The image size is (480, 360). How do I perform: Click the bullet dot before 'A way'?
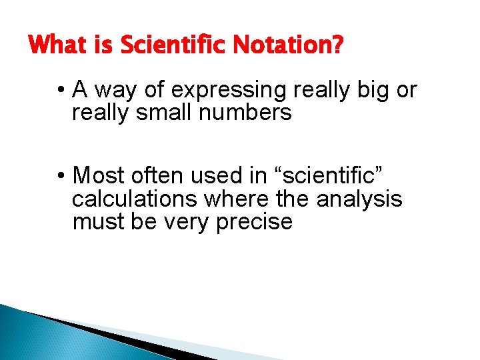(x=61, y=89)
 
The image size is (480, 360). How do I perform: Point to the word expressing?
(x=225, y=90)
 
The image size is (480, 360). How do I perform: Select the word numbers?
(x=246, y=112)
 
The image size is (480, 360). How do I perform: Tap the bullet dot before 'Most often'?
(x=61, y=175)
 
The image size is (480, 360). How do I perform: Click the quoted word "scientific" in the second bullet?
(x=323, y=175)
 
